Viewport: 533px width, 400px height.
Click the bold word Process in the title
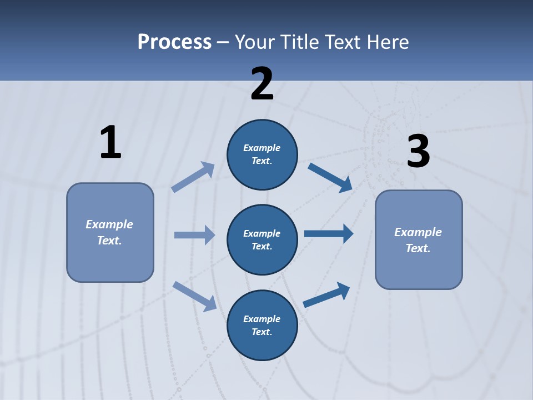click(174, 42)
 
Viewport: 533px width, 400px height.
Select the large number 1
click(110, 143)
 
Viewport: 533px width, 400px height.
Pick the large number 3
click(418, 152)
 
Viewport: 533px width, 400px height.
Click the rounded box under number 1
click(110, 232)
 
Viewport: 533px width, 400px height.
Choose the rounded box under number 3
click(419, 239)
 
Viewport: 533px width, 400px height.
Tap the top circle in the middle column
click(262, 154)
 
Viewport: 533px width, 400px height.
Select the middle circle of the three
click(262, 239)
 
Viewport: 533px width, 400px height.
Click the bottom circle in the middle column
click(262, 325)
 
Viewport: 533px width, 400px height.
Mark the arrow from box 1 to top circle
click(193, 177)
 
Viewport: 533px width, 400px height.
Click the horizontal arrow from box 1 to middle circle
click(194, 235)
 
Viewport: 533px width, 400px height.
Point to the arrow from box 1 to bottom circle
click(194, 296)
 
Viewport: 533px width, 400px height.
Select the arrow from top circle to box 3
click(330, 177)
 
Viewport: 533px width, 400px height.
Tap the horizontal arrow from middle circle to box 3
click(329, 233)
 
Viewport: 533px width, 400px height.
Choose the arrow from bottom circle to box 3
click(326, 294)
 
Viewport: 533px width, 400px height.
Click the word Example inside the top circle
click(262, 148)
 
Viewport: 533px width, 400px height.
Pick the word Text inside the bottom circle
click(261, 332)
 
